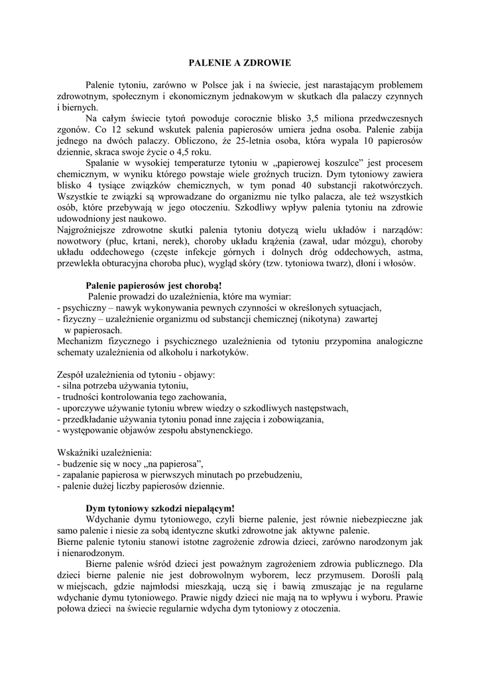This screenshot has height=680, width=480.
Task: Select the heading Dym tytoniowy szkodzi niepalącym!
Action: pyautogui.click(x=160, y=508)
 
